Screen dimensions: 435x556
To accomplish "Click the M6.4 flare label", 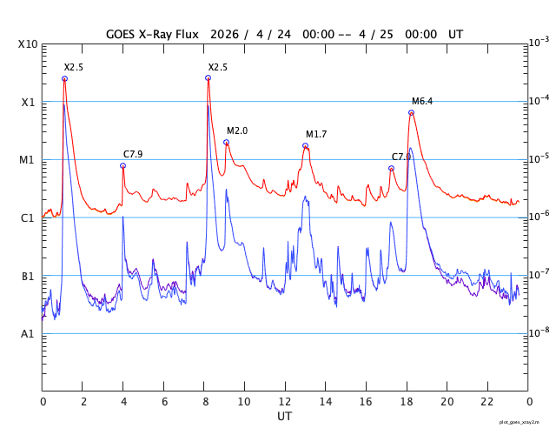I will click(422, 102).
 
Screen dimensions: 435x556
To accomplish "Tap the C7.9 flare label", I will click(133, 154).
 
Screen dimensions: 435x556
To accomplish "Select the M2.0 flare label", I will click(237, 130).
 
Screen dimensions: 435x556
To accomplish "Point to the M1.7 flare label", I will click(316, 134).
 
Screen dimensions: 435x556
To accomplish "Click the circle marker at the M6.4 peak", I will click(411, 113).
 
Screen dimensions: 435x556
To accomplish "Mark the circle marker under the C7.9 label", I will click(123, 165).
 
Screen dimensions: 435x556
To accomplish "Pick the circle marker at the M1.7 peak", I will click(305, 145).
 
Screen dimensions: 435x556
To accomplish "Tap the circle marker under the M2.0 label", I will click(226, 142).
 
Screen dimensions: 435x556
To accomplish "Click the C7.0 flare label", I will click(400, 157).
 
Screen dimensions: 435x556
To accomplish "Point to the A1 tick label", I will click(28, 334).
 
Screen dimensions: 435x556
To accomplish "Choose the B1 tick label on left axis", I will click(28, 277).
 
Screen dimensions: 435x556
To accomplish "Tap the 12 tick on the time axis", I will click(285, 401).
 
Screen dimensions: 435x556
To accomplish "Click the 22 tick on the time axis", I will click(487, 401).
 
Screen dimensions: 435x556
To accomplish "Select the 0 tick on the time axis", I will click(43, 401).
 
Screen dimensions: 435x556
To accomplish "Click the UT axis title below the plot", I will click(285, 416).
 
